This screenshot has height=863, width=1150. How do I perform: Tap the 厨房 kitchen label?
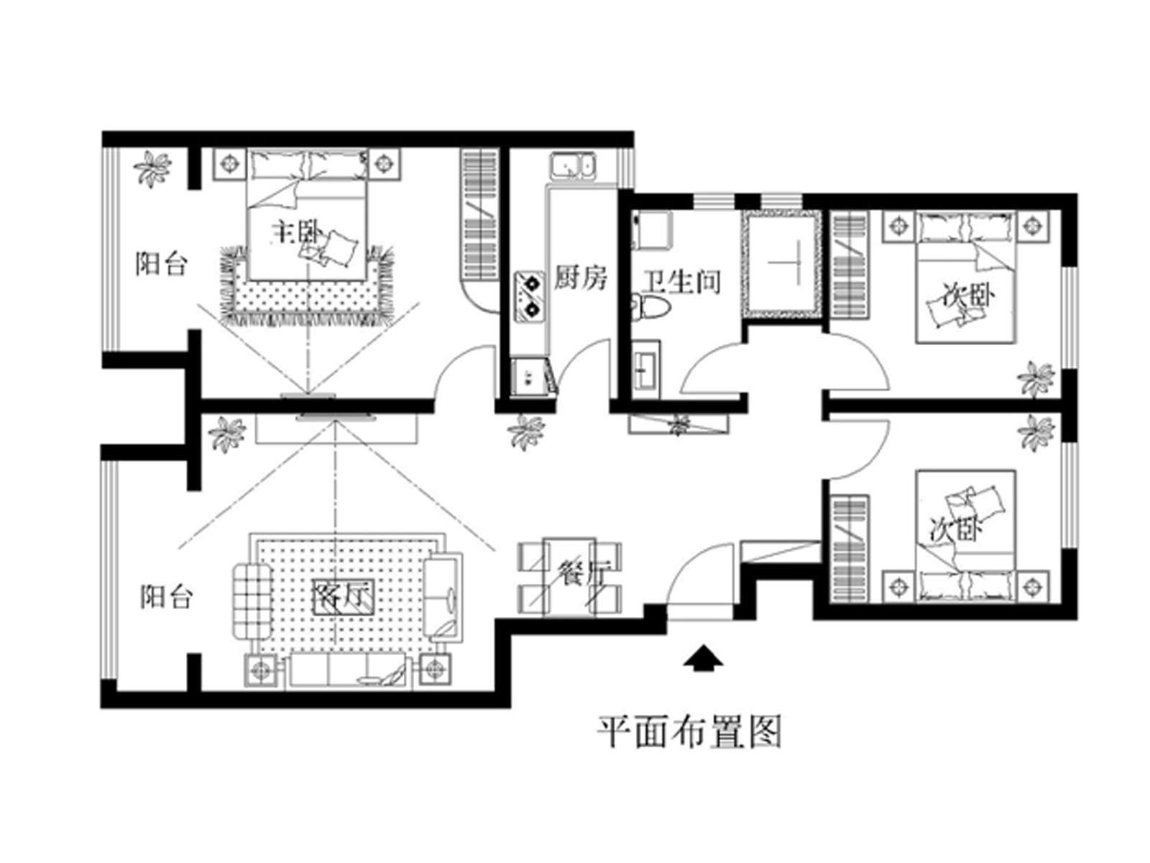coord(581,278)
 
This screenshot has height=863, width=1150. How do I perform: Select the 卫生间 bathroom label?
coord(681,282)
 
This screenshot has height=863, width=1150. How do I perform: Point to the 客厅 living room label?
coord(343,597)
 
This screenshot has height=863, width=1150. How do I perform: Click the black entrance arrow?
coord(702,659)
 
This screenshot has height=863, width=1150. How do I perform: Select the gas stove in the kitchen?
coord(530,296)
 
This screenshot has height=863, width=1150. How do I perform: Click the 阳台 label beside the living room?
coord(166,597)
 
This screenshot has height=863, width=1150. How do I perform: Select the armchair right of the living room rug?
coord(443,597)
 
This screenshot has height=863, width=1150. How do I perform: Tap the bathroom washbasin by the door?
coord(645,370)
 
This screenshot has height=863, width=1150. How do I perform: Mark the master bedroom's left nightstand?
coord(229,164)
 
